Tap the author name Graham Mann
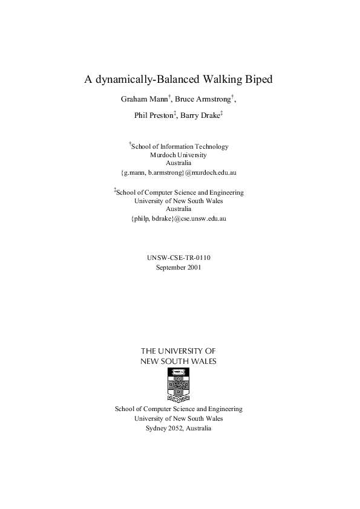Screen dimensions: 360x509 [x=137, y=99]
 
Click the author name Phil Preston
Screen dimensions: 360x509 [x=154, y=115]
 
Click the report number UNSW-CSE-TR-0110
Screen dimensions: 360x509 [x=178, y=258]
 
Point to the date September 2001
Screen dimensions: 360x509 [x=178, y=267]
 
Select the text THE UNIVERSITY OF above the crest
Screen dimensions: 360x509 [x=178, y=351]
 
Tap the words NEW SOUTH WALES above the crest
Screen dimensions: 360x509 [x=178, y=361]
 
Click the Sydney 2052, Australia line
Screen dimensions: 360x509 [x=178, y=427]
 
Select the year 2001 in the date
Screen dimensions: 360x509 [x=194, y=267]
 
